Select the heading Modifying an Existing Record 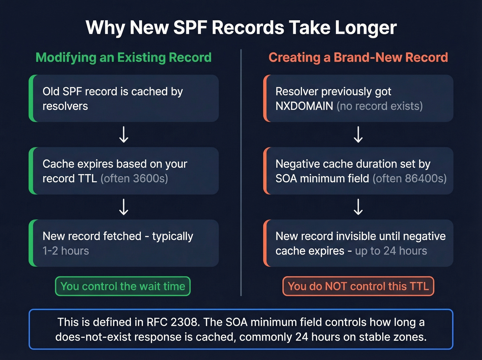123,58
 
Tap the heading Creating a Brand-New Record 358,57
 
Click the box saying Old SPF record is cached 124,99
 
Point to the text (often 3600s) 134,178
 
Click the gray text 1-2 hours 66,250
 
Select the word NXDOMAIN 304,106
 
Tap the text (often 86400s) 410,178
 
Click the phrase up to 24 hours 391,251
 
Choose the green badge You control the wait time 123,286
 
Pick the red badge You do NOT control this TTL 358,286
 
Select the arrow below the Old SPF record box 124,134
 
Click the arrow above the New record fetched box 124,207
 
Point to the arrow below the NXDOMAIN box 358,134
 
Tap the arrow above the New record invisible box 358,207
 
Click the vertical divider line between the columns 241,173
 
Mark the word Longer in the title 365,28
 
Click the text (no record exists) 380,106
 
